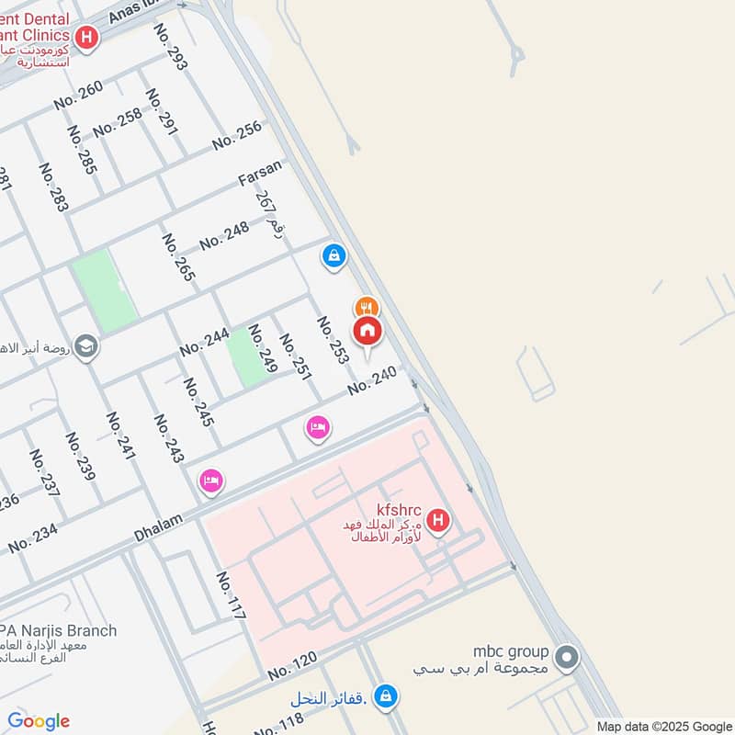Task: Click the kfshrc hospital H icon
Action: [x=438, y=522]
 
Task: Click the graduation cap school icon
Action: [x=86, y=347]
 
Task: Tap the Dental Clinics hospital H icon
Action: [x=87, y=38]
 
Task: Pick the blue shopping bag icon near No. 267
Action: [x=334, y=255]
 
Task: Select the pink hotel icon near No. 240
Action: [x=318, y=427]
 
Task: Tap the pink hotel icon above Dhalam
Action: [x=211, y=481]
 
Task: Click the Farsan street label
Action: [x=260, y=172]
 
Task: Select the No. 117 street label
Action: [x=231, y=594]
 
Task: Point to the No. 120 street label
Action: [x=292, y=666]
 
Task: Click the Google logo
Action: [x=39, y=721]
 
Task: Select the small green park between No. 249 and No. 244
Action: [x=246, y=356]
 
